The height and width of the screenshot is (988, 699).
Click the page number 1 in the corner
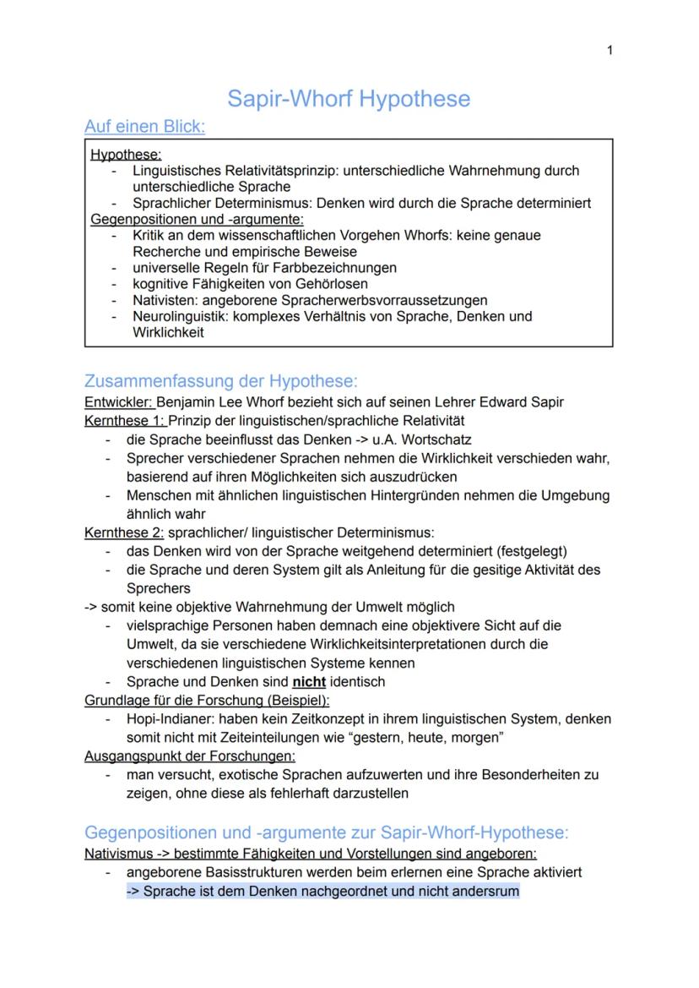tap(610, 51)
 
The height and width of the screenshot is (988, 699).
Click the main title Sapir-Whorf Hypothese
tap(349, 100)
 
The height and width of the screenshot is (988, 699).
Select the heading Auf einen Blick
tap(144, 127)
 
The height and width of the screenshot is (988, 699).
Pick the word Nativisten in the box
tap(163, 300)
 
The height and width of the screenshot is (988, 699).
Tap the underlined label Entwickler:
tap(120, 401)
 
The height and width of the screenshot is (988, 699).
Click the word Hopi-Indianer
tap(166, 719)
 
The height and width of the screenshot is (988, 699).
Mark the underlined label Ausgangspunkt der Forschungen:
tap(190, 756)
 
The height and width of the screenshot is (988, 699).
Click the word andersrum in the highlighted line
tap(488, 890)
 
